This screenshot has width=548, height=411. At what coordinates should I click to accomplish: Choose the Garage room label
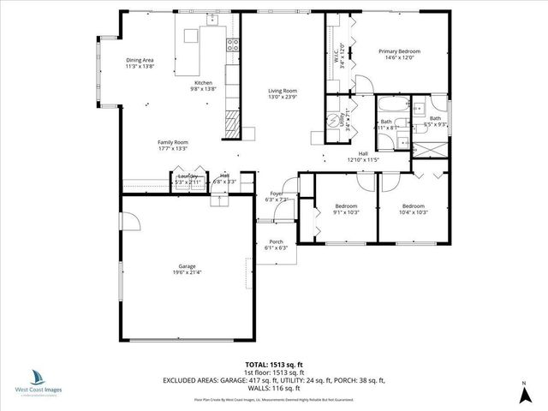[x=187, y=269]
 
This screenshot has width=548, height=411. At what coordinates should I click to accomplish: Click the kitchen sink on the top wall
[x=191, y=33]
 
